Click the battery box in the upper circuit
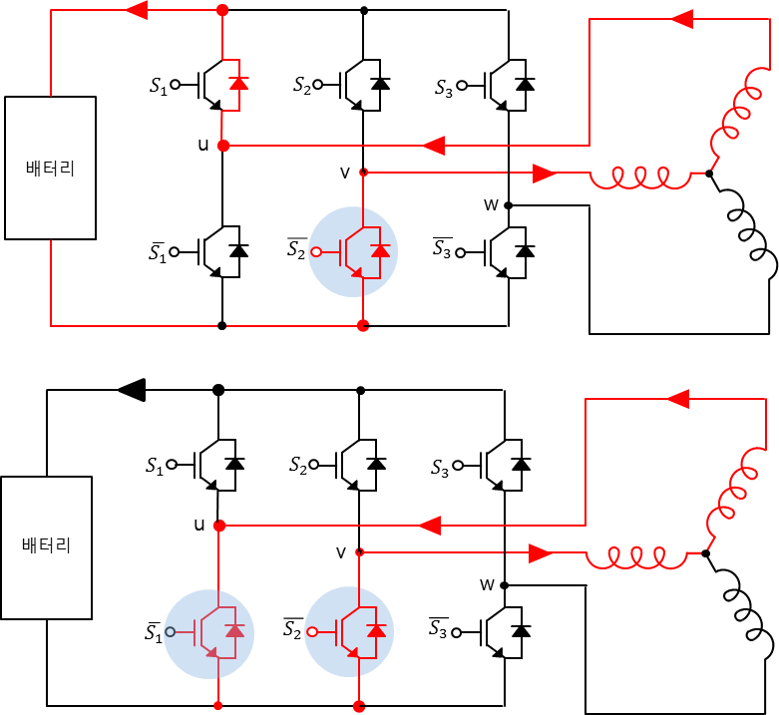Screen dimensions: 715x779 pyautogui.click(x=50, y=168)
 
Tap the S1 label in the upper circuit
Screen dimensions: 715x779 pyautogui.click(x=158, y=85)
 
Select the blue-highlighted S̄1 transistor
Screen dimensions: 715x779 pyautogui.click(x=209, y=632)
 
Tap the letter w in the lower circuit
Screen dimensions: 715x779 pyautogui.click(x=488, y=584)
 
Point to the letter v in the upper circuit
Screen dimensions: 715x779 pyautogui.click(x=345, y=173)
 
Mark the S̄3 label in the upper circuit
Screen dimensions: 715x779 pyautogui.click(x=442, y=250)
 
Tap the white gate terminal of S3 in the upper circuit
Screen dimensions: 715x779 pyautogui.click(x=459, y=87)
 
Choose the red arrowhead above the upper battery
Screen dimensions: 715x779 pyautogui.click(x=135, y=10)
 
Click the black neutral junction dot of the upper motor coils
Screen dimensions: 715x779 pyautogui.click(x=708, y=174)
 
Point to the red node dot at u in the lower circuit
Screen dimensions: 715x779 pyautogui.click(x=218, y=526)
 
